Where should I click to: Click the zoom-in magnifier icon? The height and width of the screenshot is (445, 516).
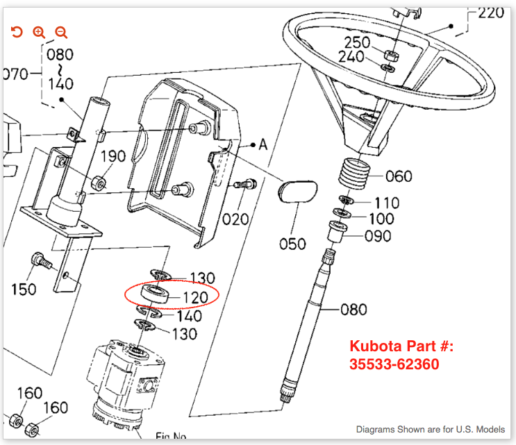click(39, 32)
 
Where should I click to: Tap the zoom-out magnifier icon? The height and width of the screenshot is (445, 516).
click(61, 32)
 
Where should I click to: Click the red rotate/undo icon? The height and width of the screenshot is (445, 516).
click(17, 32)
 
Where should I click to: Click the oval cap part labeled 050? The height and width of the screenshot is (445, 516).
click(297, 192)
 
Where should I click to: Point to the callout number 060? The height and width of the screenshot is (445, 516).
click(398, 176)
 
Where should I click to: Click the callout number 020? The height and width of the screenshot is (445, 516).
click(235, 220)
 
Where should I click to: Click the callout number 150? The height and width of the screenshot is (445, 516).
click(24, 289)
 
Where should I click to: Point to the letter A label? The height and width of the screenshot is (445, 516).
click(263, 145)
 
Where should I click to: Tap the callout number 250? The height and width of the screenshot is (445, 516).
click(357, 42)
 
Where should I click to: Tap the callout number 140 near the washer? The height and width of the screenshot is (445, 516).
click(188, 317)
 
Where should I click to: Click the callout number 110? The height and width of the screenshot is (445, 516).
click(386, 203)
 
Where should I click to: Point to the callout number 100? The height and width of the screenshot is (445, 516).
click(381, 219)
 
